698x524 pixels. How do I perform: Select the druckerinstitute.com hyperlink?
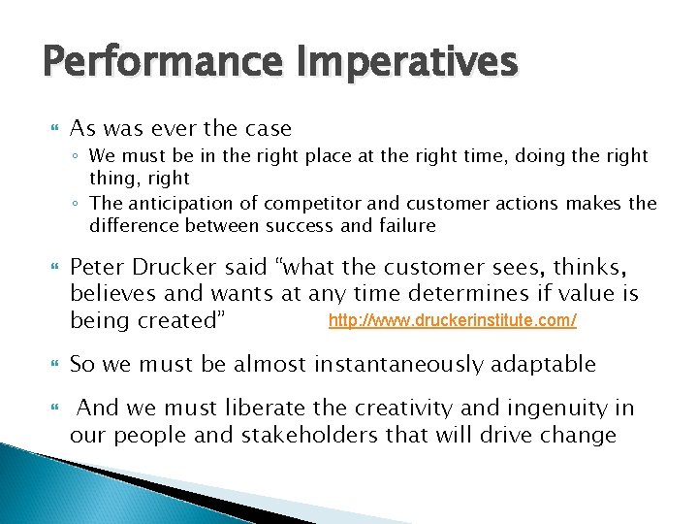point(453,319)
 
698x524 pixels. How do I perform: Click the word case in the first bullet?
point(267,129)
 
